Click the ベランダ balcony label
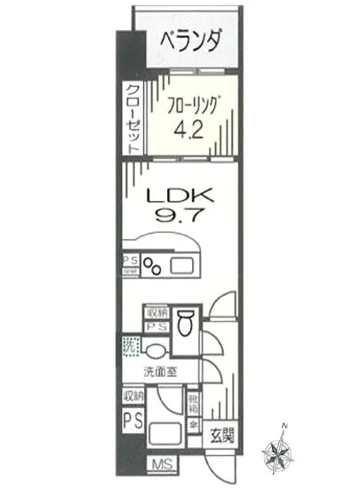click(191, 40)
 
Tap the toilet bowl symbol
click(186, 325)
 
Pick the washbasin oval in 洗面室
click(157, 349)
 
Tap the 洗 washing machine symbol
click(130, 348)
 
